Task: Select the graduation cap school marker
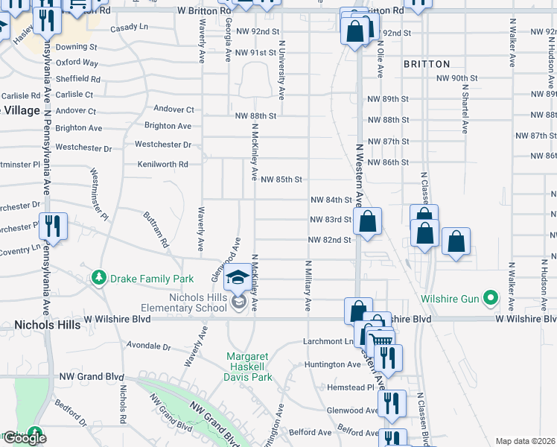click(238, 277)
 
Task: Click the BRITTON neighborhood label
click(427, 64)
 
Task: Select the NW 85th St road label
click(281, 180)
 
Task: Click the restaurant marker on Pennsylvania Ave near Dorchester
click(51, 225)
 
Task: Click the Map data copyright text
click(525, 441)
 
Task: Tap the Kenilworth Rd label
click(162, 164)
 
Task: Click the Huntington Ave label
click(332, 364)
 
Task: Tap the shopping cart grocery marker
click(380, 340)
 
